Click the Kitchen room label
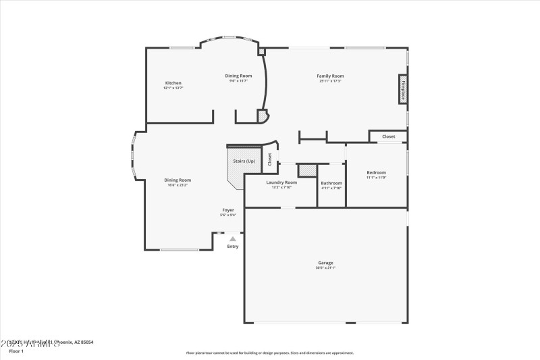tap(173, 83)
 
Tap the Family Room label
tap(330, 76)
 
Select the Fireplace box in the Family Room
tap(403, 91)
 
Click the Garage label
tap(325, 263)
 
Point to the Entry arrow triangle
tap(233, 238)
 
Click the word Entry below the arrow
tap(233, 247)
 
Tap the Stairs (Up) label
tap(244, 161)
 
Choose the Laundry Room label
tap(281, 182)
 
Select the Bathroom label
tap(331, 183)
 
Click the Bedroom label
tap(376, 172)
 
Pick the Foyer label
tap(228, 210)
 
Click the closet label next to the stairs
tap(270, 159)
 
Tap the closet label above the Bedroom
tap(389, 136)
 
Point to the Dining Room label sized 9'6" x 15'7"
tap(238, 76)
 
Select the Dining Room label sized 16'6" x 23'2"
tap(178, 180)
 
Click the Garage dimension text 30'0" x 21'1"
tap(325, 268)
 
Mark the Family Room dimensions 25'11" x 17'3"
tap(330, 81)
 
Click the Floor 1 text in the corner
tap(16, 351)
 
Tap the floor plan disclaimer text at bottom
tap(270, 353)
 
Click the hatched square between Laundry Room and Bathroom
tap(307, 170)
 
